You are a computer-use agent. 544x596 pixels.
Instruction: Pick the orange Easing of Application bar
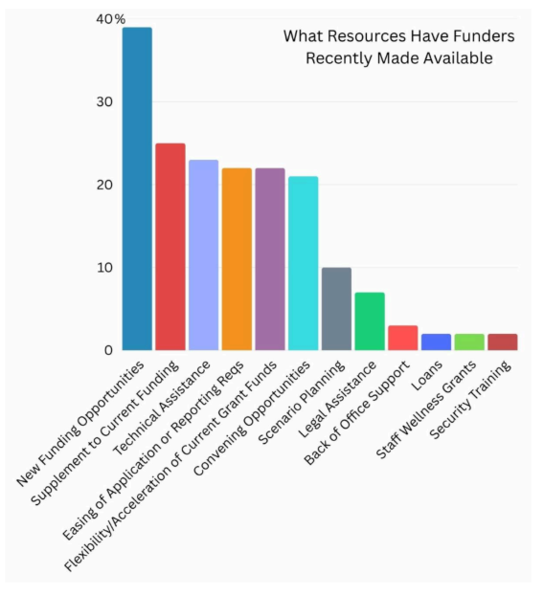[x=237, y=259]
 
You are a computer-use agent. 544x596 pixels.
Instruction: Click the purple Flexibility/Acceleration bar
[x=269, y=259]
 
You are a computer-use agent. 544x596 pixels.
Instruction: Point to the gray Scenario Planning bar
[x=336, y=309]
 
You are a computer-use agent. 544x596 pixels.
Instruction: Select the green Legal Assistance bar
[x=369, y=321]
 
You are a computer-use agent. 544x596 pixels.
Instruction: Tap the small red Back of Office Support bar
[x=402, y=338]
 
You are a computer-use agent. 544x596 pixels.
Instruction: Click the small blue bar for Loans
[x=436, y=342]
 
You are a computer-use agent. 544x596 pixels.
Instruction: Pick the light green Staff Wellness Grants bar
[x=468, y=342]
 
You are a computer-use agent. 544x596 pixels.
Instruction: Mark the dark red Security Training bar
[x=502, y=342]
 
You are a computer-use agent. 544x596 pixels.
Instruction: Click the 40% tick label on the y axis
[x=111, y=19]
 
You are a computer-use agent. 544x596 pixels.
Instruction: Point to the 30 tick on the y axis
[x=104, y=102]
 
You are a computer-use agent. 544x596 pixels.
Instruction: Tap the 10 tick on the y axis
[x=104, y=268]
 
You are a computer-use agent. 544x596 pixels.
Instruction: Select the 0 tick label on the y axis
[x=108, y=350]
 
